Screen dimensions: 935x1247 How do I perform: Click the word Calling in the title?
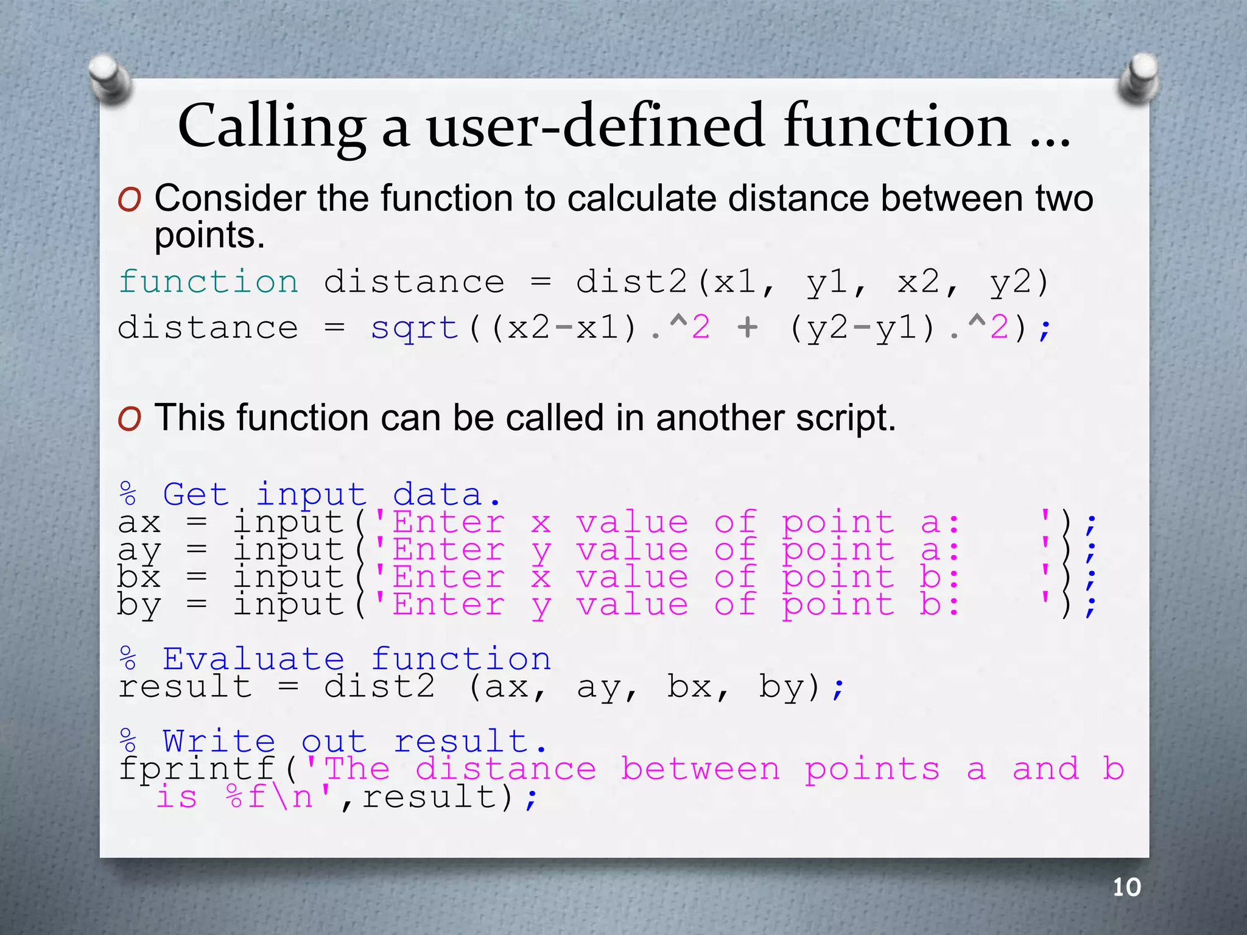coord(272,127)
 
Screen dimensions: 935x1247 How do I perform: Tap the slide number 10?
coord(1126,888)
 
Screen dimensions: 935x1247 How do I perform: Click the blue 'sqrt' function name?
coord(414,328)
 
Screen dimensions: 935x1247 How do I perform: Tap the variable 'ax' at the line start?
coord(139,523)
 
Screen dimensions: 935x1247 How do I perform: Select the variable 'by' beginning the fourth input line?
coord(139,605)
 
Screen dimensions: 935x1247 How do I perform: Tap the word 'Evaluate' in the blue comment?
coord(253,659)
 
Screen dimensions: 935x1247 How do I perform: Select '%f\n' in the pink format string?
coord(269,797)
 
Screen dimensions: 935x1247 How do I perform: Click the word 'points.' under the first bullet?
coord(209,235)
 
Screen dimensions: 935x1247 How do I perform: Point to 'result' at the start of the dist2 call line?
coord(185,687)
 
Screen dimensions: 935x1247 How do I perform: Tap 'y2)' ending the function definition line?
coord(1019,282)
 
